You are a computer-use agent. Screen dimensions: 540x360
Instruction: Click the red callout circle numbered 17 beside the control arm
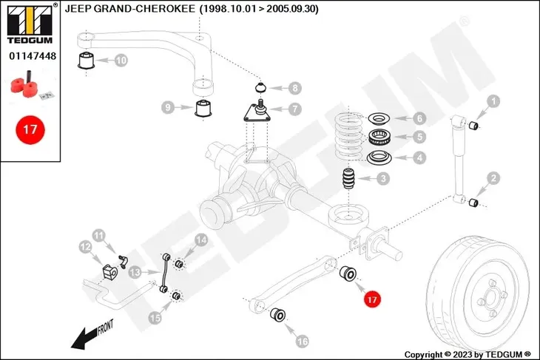click(372, 299)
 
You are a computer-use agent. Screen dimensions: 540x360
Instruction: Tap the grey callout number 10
click(121, 61)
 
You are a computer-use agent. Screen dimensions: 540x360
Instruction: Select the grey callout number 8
click(295, 88)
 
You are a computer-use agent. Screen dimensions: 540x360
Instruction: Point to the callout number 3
click(383, 179)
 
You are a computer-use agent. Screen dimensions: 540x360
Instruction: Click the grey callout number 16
click(302, 341)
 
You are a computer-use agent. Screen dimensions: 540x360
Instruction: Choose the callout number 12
click(85, 247)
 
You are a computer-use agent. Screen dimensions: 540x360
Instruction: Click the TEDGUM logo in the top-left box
click(30, 24)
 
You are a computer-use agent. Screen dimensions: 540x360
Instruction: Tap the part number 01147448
click(33, 55)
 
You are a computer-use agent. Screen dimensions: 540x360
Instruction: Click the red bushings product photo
click(30, 85)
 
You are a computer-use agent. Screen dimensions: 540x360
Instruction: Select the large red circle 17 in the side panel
click(30, 130)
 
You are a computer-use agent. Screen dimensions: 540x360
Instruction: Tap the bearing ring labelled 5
click(378, 137)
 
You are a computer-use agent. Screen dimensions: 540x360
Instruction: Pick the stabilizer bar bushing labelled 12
click(110, 271)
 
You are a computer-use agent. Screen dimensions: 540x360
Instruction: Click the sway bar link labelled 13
click(165, 273)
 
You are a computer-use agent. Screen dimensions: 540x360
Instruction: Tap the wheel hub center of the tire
click(490, 298)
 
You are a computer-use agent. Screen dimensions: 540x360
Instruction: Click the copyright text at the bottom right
click(468, 355)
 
